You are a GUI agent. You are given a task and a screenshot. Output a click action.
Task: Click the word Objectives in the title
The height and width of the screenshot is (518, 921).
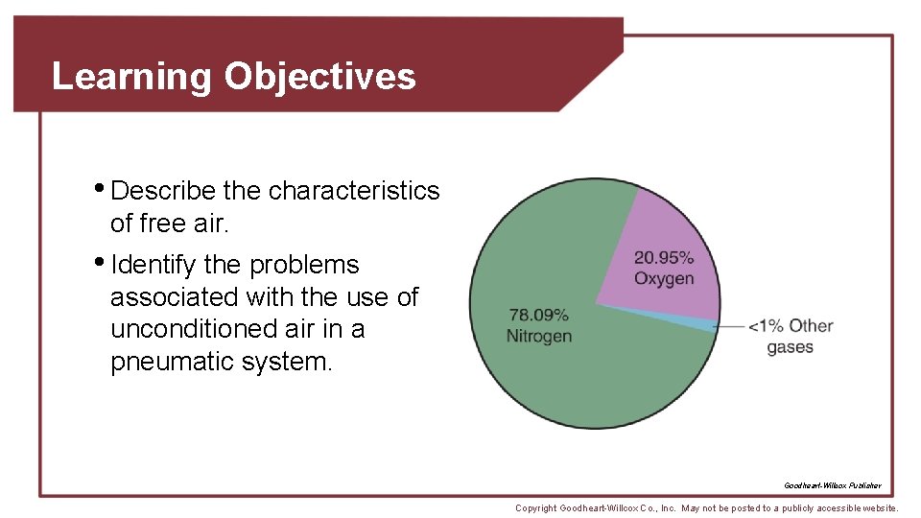pyautogui.click(x=319, y=76)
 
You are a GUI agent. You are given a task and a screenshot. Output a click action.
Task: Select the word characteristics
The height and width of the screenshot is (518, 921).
pyautogui.click(x=354, y=191)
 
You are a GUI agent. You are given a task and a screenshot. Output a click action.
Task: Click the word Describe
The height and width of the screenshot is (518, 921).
pyautogui.click(x=166, y=191)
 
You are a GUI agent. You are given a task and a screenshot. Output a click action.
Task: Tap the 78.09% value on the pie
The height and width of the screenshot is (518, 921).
pyautogui.click(x=538, y=315)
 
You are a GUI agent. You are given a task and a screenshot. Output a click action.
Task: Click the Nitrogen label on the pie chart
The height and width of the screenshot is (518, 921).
pyautogui.click(x=539, y=336)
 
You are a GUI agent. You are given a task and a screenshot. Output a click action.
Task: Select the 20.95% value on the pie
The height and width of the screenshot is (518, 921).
pyautogui.click(x=663, y=257)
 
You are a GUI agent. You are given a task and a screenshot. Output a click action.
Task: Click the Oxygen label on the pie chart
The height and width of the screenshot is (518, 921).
pyautogui.click(x=663, y=278)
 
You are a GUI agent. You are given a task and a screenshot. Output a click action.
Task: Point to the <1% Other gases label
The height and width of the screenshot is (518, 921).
pyautogui.click(x=791, y=337)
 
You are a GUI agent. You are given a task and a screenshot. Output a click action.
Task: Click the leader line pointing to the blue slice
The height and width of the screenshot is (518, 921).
pyautogui.click(x=731, y=327)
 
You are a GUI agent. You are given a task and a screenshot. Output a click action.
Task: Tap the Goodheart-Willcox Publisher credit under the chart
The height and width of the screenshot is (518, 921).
pyautogui.click(x=832, y=485)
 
